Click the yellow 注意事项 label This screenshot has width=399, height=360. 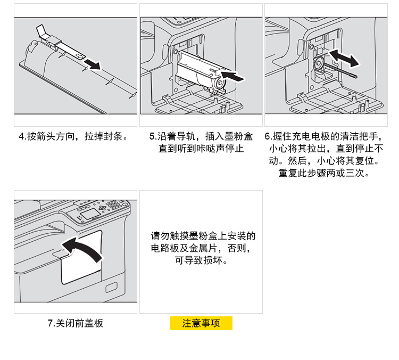click(x=201, y=323)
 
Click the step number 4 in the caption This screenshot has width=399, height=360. click(x=22, y=136)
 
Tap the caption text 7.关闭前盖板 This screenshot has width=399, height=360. click(x=75, y=323)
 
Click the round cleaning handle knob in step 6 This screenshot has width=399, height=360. click(x=319, y=64)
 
